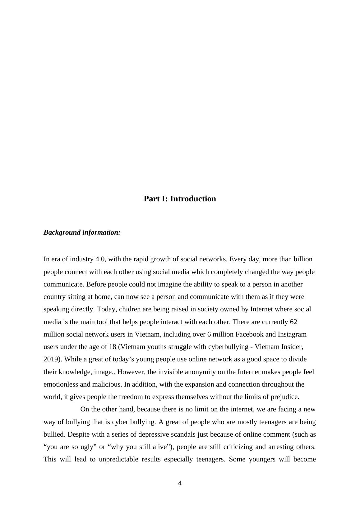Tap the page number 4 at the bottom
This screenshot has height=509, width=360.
(180, 483)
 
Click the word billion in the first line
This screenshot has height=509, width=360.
(303, 259)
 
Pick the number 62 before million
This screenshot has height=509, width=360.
(293, 322)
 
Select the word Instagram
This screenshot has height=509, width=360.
(292, 334)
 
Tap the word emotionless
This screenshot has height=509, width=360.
(61, 384)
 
